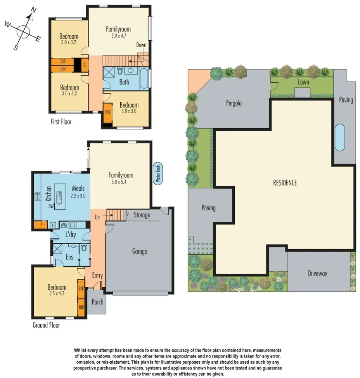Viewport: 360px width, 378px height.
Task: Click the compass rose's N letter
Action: [x=33, y=10]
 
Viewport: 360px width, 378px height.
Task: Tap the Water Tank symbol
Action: [x=158, y=173]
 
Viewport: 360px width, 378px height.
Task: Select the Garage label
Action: [x=140, y=252]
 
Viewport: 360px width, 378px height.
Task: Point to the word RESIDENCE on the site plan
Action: [x=285, y=183]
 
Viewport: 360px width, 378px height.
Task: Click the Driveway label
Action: [x=318, y=273]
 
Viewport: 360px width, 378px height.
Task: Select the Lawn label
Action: [x=303, y=82]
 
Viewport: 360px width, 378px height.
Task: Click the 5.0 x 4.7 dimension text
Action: [x=118, y=36]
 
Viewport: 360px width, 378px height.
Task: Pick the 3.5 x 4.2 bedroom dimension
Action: [x=57, y=294]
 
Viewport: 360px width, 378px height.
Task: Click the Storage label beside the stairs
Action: [x=142, y=215]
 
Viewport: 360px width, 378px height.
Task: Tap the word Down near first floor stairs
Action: [x=141, y=45]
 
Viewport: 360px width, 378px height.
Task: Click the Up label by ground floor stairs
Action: [x=98, y=217]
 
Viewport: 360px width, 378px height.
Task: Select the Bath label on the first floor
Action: [x=124, y=82]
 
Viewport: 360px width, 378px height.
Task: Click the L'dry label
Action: [x=70, y=235]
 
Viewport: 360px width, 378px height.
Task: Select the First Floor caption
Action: [x=61, y=122]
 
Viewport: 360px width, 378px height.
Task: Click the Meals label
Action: [x=78, y=188]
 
